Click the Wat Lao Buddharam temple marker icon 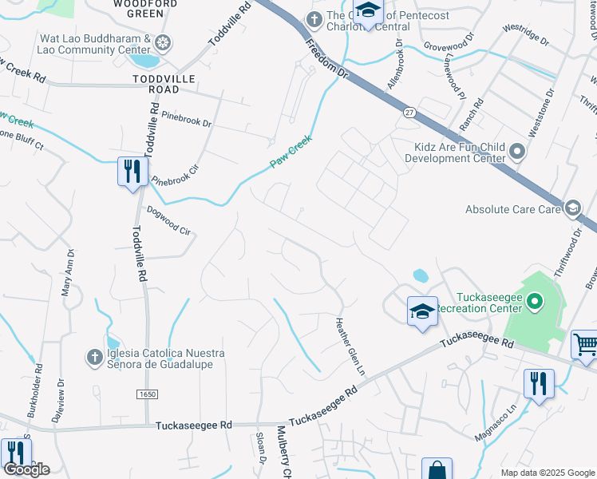(x=164, y=42)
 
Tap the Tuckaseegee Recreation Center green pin (x=535, y=302)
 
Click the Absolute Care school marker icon (x=571, y=209)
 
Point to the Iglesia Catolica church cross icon (x=94, y=356)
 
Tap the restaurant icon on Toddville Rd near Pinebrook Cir (x=132, y=172)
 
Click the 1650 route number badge (x=148, y=394)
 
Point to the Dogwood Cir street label (x=169, y=221)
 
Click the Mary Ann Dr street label (x=69, y=273)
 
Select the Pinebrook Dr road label (x=186, y=124)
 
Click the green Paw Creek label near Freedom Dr (x=290, y=151)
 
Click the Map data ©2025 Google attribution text (x=547, y=473)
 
